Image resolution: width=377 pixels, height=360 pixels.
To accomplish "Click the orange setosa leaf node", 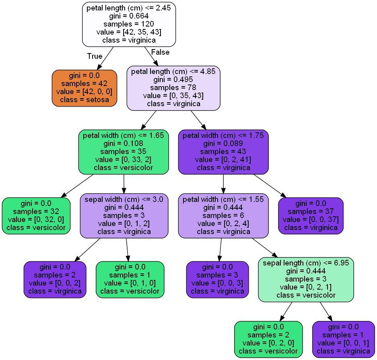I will (84, 88).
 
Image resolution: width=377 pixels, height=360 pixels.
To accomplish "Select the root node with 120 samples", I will (129, 24).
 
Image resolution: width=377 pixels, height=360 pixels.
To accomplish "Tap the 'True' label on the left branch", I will (95, 56).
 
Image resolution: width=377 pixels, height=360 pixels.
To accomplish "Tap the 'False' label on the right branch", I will (160, 52).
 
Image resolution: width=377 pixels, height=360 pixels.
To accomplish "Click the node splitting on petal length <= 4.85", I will (173, 88).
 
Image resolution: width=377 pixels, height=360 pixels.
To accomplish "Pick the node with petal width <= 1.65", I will (123, 152).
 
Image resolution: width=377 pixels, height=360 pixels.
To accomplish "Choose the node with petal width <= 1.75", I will (223, 152).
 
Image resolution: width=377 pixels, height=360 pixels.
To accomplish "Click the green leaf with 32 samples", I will (36, 216).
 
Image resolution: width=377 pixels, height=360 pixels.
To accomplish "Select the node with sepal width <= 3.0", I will (124, 216).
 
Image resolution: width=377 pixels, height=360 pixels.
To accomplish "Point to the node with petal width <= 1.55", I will (223, 216).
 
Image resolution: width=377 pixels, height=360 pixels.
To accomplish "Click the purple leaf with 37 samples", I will (311, 216).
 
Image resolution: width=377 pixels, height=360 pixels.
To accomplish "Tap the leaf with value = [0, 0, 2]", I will (55, 279).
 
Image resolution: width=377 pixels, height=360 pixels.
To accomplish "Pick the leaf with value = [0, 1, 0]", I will (130, 279).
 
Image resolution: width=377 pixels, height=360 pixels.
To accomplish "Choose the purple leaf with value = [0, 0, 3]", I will (217, 279).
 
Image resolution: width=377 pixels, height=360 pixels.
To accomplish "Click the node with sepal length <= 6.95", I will (306, 279).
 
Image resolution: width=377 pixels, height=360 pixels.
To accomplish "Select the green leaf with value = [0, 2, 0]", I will (268, 339).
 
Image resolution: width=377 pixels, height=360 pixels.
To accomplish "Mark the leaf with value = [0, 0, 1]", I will (344, 339).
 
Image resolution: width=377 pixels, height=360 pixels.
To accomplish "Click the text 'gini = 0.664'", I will (129, 16).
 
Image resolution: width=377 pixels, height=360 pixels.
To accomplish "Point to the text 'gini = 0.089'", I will (223, 144).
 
